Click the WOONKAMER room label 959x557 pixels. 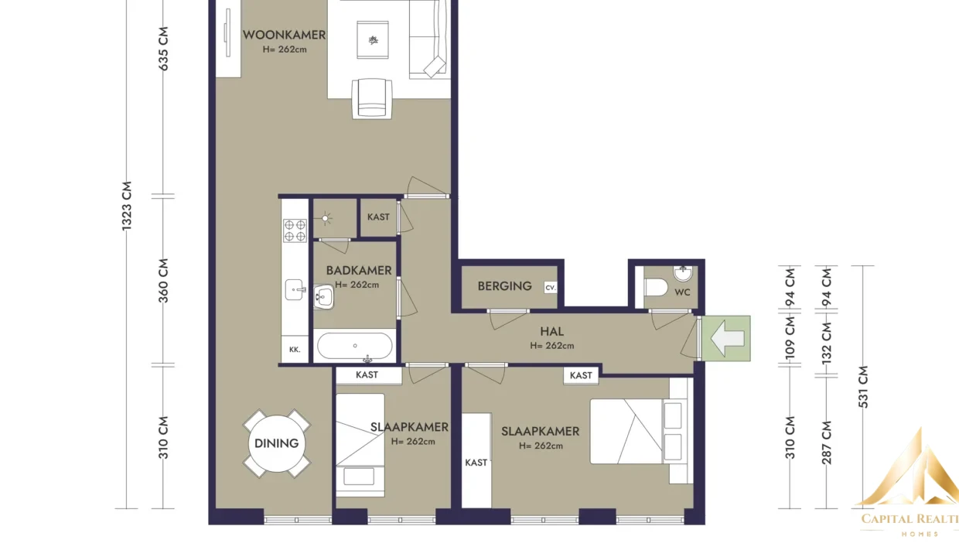285,35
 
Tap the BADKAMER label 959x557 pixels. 359,271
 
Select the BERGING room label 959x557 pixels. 505,286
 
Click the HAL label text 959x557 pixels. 552,331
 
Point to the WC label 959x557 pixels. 682,292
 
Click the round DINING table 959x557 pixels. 277,443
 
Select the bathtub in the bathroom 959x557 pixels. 354,346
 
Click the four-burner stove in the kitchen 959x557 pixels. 295,231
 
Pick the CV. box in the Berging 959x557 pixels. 551,288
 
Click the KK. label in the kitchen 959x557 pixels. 295,350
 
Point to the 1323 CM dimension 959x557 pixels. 127,206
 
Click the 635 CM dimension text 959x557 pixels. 163,49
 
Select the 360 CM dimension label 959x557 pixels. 163,281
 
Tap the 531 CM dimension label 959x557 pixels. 863,387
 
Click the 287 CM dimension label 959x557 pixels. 827,443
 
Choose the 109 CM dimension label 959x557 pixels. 790,338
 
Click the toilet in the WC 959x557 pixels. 656,287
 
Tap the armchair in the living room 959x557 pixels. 371,98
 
